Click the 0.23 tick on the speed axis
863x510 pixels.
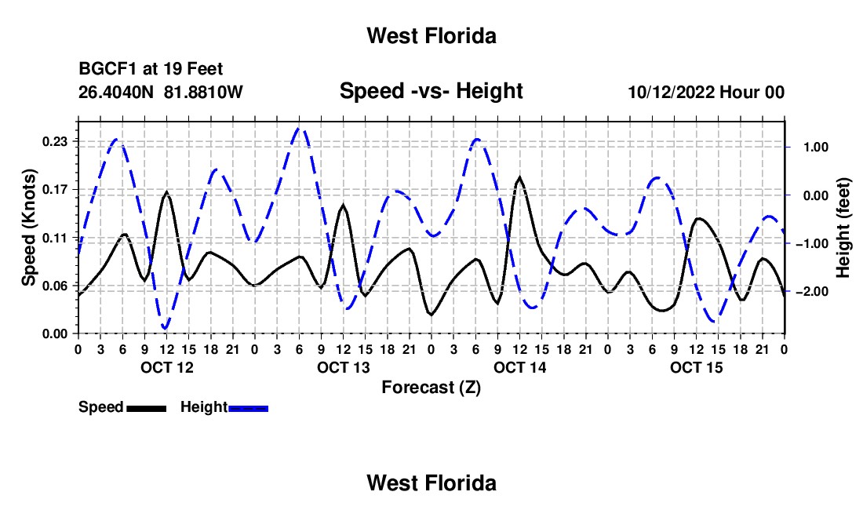pyautogui.click(x=55, y=142)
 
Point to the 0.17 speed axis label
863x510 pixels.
pyautogui.click(x=55, y=190)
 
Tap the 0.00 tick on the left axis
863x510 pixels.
pyautogui.click(x=55, y=334)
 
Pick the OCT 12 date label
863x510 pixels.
pyautogui.click(x=167, y=367)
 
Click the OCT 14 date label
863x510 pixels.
pyautogui.click(x=519, y=367)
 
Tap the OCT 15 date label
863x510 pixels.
pyautogui.click(x=696, y=367)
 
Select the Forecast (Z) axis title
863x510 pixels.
pyautogui.click(x=431, y=388)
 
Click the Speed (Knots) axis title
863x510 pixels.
pyautogui.click(x=28, y=228)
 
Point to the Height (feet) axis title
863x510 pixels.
pyautogui.click(x=843, y=228)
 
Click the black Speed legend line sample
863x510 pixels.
pyautogui.click(x=147, y=409)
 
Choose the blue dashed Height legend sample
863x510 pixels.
pyautogui.click(x=248, y=409)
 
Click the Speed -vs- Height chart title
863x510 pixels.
pyautogui.click(x=431, y=91)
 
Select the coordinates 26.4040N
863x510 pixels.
pyautogui.click(x=116, y=92)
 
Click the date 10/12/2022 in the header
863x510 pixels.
pyautogui.click(x=672, y=92)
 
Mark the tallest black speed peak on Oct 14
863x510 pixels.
pyautogui.click(x=519, y=177)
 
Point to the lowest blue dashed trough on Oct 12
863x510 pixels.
pyautogui.click(x=165, y=328)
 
